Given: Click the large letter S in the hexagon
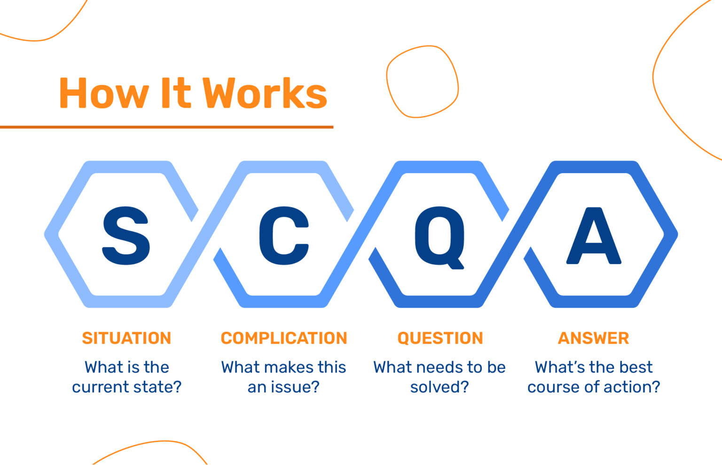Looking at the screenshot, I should tap(126, 235).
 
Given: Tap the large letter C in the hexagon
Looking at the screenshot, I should tap(283, 235).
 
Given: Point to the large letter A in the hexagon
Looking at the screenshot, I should tap(594, 235).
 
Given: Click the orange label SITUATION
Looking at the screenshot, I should tap(126, 338).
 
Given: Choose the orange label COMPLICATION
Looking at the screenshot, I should tap(284, 338).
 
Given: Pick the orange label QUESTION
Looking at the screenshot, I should tap(440, 338).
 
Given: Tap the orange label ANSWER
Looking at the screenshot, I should tap(593, 338).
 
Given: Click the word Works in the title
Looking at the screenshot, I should tap(265, 93).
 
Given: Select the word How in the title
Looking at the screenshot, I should tap(103, 93).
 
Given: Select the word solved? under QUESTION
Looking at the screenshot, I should tap(439, 387).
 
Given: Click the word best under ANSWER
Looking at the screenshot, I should tap(635, 367).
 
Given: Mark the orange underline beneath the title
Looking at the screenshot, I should tap(166, 127).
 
